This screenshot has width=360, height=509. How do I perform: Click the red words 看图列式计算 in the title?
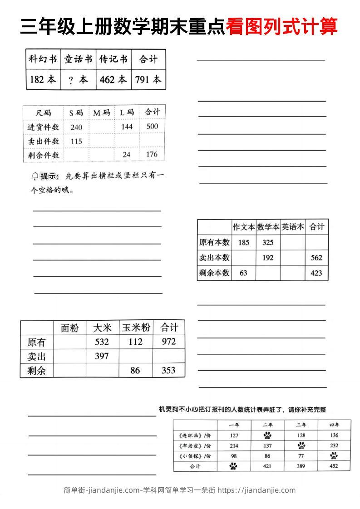(281, 27)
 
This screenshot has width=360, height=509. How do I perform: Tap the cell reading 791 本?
(148, 79)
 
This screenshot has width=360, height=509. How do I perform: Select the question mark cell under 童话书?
(78, 80)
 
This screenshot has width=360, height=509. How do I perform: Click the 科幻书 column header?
(43, 59)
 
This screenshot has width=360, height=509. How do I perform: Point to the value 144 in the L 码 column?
(127, 127)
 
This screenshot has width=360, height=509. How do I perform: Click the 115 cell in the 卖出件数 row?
(76, 141)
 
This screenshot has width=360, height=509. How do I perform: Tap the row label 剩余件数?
(44, 155)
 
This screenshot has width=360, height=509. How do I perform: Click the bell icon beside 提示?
(35, 176)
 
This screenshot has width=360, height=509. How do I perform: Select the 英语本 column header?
(292, 227)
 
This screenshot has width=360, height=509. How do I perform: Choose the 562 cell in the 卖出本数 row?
(316, 258)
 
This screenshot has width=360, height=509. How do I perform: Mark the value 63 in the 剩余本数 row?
(243, 273)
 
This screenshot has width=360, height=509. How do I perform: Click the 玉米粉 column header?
(135, 328)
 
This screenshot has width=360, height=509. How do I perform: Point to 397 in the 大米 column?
(102, 356)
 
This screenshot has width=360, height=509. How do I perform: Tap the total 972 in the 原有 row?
(168, 342)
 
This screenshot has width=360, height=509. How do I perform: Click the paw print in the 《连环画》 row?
(267, 436)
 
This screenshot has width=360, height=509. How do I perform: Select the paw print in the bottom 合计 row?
(233, 466)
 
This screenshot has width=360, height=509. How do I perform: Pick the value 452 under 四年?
(334, 466)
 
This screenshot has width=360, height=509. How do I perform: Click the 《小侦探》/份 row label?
(195, 456)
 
